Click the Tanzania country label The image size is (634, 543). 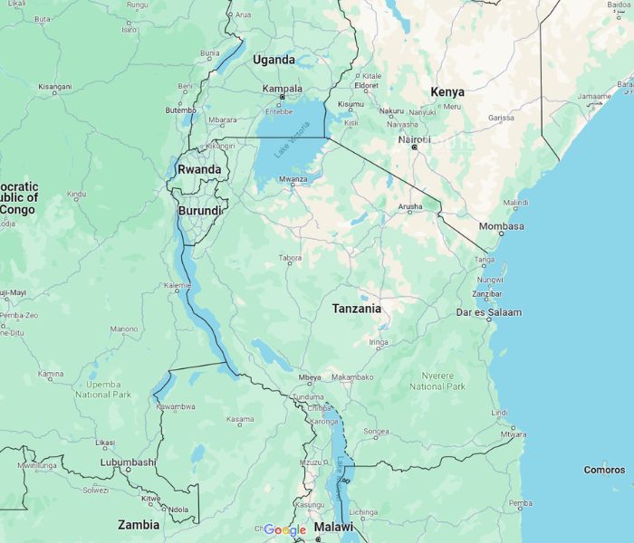[356, 309]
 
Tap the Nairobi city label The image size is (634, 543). [415, 139]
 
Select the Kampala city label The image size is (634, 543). [282, 89]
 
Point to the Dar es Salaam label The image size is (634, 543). [489, 312]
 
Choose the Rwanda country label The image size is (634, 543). [199, 169]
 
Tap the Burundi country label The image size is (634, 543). [199, 211]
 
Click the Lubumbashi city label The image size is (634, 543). [128, 462]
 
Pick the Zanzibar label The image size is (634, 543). [487, 294]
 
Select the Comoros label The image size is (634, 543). [604, 470]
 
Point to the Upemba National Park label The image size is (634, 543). [103, 389]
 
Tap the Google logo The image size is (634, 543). [285, 529]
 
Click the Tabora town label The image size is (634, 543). [290, 258]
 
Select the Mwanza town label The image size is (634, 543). [293, 179]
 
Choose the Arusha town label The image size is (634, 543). [409, 207]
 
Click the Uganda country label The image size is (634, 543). [274, 60]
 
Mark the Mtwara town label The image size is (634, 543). [514, 434]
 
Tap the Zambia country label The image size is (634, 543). [139, 524]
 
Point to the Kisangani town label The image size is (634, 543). [54, 87]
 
